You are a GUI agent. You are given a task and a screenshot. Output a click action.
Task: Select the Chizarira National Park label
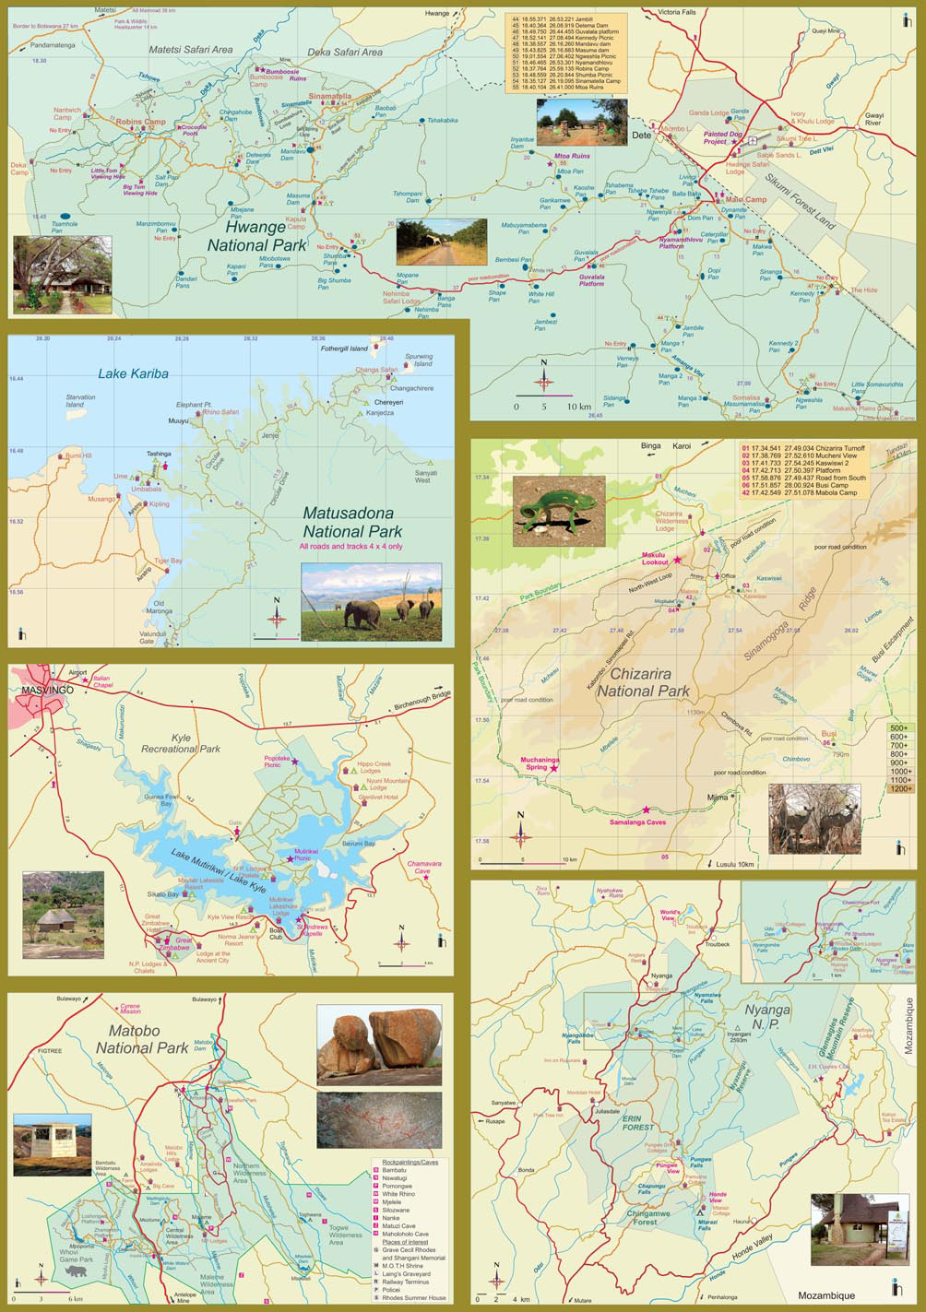643,680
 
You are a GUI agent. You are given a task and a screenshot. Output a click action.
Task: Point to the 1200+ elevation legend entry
898,788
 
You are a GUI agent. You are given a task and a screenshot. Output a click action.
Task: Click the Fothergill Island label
343,349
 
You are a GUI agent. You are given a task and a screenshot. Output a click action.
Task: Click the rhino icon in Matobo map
73,1271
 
